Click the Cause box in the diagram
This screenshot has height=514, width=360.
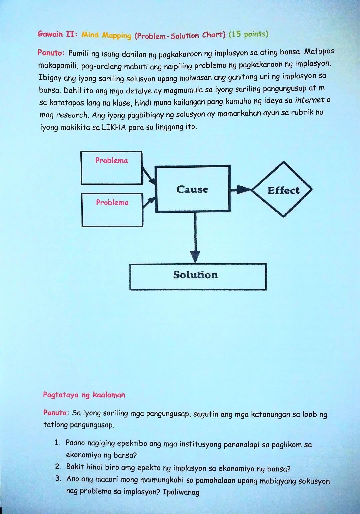point(193,189)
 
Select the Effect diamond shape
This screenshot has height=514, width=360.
point(283,190)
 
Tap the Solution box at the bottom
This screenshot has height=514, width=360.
point(198,276)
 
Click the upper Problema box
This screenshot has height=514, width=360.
point(111,168)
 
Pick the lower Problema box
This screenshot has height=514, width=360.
point(112,210)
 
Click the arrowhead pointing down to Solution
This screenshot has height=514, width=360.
point(195,256)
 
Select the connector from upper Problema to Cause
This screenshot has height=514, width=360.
point(148,175)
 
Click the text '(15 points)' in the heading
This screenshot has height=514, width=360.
point(248,34)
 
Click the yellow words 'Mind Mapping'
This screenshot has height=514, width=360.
point(106,35)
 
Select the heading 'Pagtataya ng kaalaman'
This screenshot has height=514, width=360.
point(84,395)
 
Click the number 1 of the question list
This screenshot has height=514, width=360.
point(58,443)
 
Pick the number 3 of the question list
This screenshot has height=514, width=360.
point(58,479)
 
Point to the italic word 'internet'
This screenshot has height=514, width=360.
point(310,100)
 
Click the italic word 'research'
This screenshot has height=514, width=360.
point(72,115)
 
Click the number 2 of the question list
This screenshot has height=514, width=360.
point(58,466)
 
